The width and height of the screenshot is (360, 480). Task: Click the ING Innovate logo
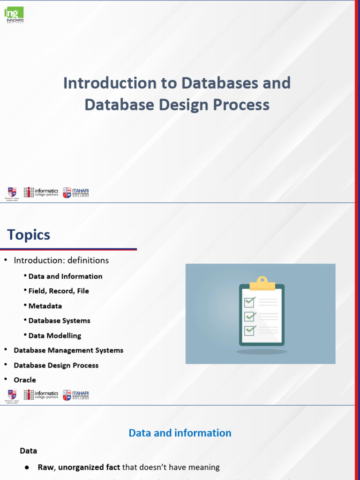[15, 15]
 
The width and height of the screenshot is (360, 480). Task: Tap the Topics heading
[29, 234]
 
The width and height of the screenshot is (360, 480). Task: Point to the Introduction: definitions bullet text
[61, 260]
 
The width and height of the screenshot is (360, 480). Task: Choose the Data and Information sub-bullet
[65, 276]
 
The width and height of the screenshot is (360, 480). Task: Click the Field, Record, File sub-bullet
[59, 291]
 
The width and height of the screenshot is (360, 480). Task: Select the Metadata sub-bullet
[45, 306]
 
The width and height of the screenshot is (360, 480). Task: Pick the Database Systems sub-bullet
[59, 321]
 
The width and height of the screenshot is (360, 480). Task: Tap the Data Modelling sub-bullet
[55, 336]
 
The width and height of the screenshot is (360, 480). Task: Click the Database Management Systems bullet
[68, 350]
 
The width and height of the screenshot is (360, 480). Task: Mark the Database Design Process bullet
[56, 365]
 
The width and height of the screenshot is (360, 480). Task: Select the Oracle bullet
[25, 380]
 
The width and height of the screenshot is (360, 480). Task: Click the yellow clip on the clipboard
[262, 283]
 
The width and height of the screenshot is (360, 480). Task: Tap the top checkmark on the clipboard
[250, 300]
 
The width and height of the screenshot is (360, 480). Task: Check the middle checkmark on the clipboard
[250, 316]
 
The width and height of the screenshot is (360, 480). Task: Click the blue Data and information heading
[180, 433]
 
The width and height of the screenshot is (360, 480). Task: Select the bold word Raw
[46, 467]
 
